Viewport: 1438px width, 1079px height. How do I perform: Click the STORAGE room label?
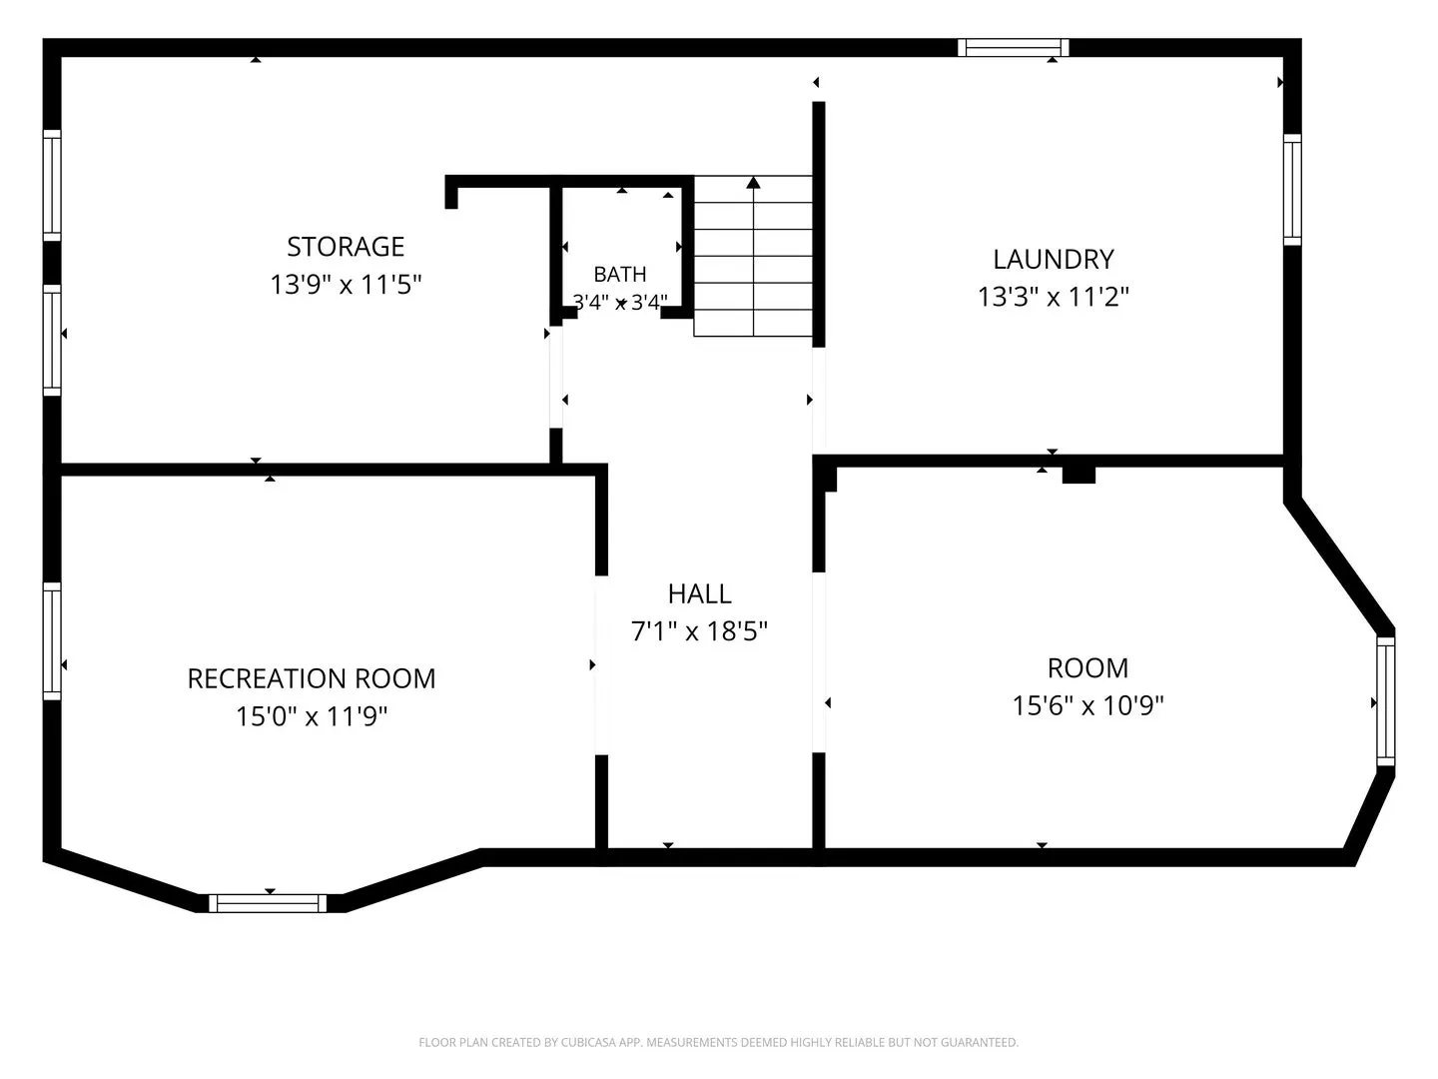point(346,247)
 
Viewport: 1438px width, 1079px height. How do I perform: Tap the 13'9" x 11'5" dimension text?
point(346,285)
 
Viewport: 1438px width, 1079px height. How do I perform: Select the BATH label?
point(620,274)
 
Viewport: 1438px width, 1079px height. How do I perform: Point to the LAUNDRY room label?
point(1054,260)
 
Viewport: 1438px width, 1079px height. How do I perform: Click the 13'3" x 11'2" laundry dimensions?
point(1054,297)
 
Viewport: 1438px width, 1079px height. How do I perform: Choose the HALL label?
point(700,594)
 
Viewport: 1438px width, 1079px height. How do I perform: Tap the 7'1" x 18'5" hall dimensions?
point(699,631)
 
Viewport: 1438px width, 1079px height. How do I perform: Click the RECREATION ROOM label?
point(312,678)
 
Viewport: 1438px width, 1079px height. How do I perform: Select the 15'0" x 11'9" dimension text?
point(312,716)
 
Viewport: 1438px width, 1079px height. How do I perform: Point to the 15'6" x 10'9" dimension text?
point(1088,705)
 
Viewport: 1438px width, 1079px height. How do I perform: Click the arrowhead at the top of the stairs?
point(753,182)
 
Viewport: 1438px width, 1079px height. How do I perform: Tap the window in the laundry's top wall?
point(1014,48)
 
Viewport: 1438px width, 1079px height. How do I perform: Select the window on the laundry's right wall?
point(1292,190)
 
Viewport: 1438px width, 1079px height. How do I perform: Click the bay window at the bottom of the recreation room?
point(268,903)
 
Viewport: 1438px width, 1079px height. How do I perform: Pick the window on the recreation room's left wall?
point(52,641)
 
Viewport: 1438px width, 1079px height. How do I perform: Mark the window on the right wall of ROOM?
point(1386,701)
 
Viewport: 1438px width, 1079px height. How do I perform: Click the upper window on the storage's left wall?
point(52,186)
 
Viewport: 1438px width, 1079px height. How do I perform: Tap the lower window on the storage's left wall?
point(52,340)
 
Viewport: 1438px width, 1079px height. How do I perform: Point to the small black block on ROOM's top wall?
point(1078,475)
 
